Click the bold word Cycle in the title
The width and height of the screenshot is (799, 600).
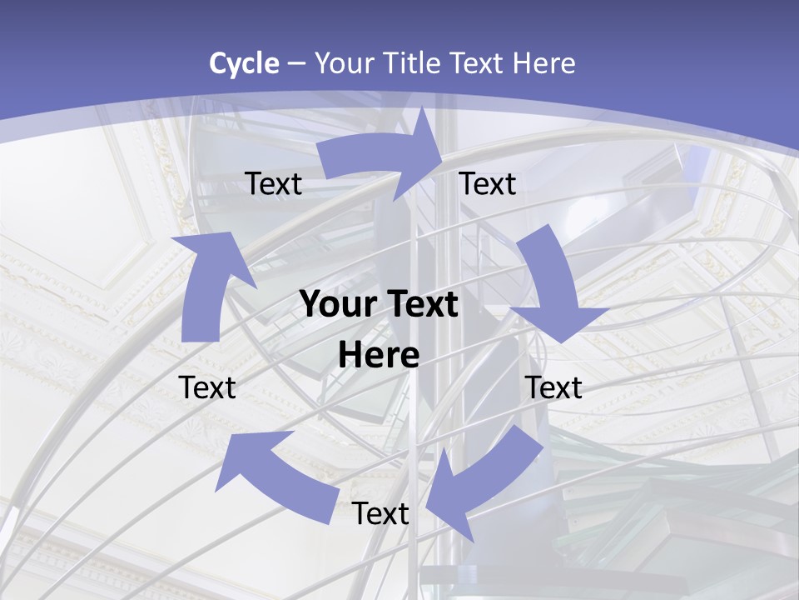point(244,63)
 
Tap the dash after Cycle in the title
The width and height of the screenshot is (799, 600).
point(296,63)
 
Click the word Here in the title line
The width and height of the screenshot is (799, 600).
point(544,63)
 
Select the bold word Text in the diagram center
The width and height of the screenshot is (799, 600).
point(421,305)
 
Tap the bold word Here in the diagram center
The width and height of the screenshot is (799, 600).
point(379,356)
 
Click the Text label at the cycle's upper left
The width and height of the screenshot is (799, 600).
point(274,184)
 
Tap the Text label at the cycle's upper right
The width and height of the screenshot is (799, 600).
point(488,184)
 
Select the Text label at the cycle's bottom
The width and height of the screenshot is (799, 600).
point(380,514)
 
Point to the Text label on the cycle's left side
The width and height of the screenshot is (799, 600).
point(207,387)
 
